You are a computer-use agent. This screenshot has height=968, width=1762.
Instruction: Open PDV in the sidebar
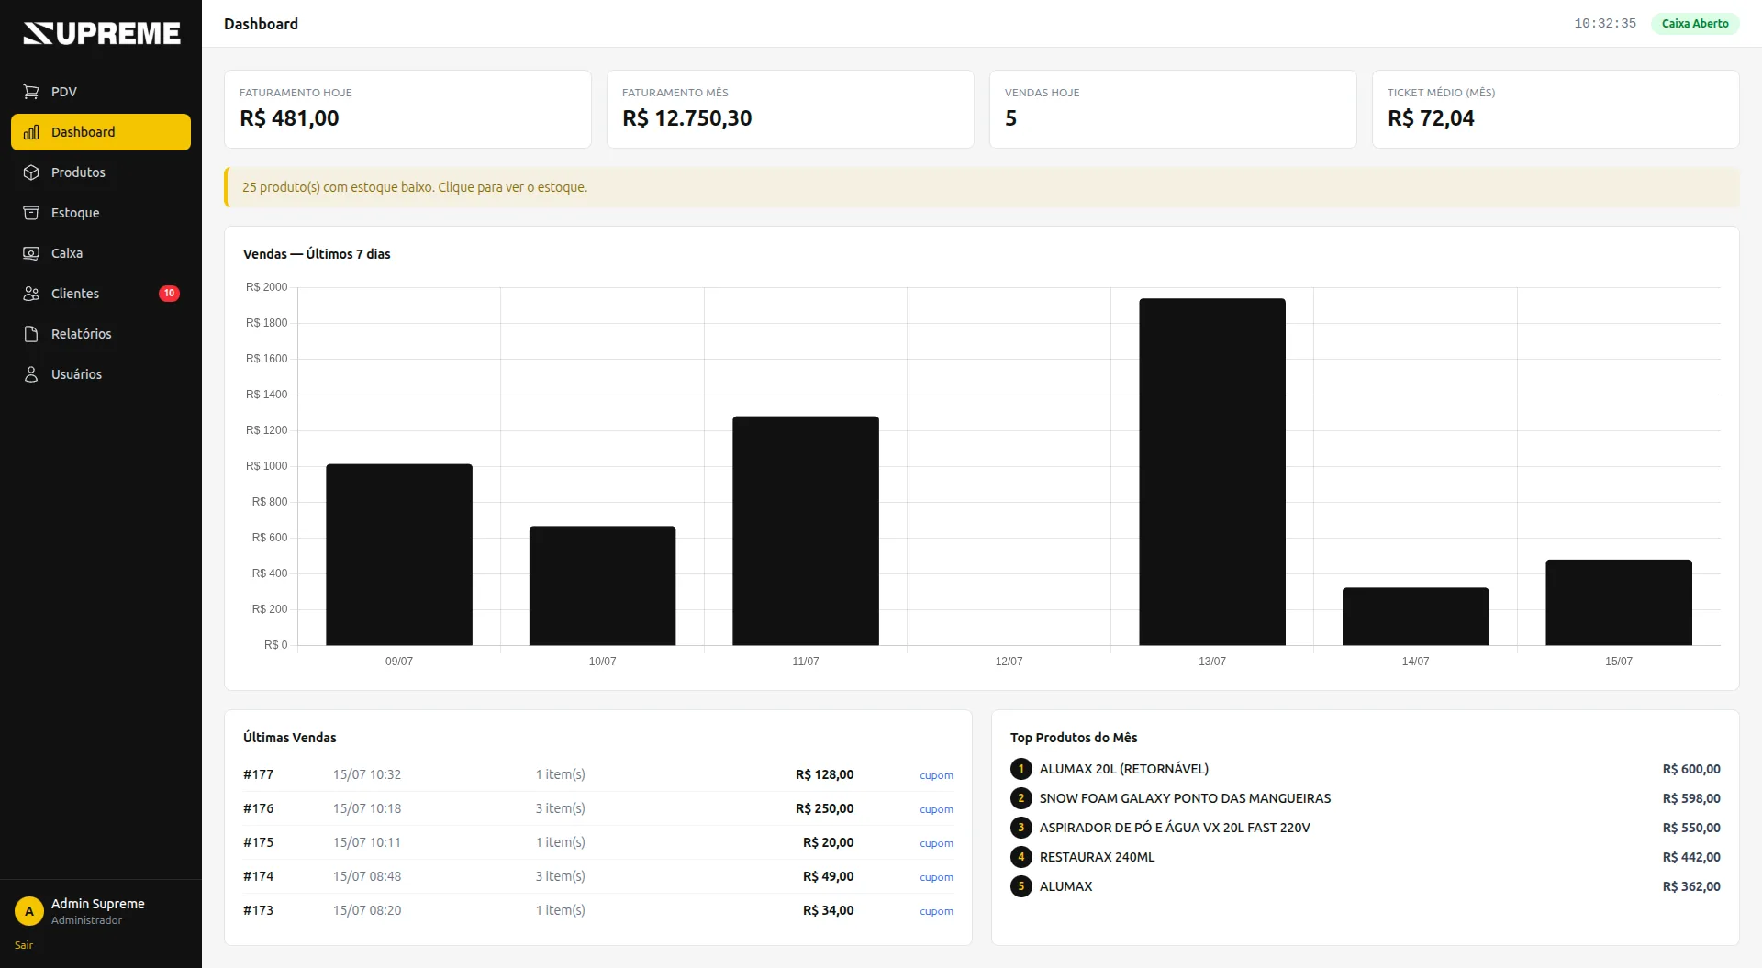[63, 92]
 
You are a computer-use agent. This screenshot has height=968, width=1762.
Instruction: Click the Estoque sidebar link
[75, 213]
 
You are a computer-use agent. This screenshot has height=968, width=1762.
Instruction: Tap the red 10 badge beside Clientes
[169, 294]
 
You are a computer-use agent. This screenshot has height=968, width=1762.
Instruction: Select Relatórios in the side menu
[81, 334]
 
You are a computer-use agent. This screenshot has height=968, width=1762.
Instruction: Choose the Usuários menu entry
[76, 374]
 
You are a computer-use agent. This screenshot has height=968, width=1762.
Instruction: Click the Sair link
[24, 945]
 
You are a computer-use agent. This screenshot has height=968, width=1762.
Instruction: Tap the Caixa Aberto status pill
[1695, 24]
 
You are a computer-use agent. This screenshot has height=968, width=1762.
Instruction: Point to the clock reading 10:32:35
[1605, 24]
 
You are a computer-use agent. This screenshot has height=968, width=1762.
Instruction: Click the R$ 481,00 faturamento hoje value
[289, 118]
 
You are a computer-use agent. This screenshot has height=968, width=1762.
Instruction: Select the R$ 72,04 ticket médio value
[1431, 118]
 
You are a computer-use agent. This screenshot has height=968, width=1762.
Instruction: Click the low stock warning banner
[982, 187]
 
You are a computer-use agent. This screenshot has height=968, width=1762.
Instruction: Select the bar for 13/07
[1212, 472]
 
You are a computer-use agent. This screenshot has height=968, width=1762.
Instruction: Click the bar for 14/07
[1415, 617]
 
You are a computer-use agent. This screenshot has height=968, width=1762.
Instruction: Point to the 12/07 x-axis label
[1009, 662]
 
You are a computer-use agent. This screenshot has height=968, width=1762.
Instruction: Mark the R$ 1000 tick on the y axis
[266, 466]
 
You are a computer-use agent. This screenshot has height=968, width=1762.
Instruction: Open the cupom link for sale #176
[936, 809]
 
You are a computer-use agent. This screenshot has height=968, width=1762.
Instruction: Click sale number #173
[258, 910]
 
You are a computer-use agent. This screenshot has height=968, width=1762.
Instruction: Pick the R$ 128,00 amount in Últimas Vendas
[824, 774]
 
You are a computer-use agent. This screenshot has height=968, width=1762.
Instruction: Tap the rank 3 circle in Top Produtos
[1020, 828]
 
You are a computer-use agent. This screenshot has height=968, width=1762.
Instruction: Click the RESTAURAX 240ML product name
[1097, 857]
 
